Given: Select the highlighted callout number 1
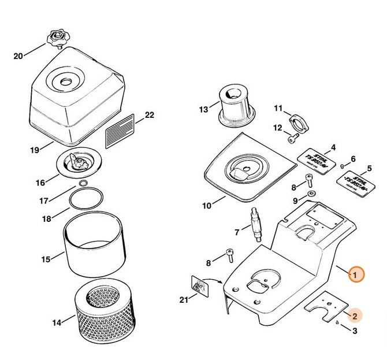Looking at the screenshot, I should coord(356,274).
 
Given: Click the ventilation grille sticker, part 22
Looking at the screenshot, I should coord(121,131).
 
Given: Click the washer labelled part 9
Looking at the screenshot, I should coord(311,194).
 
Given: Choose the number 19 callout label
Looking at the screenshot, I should coord(34,150).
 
